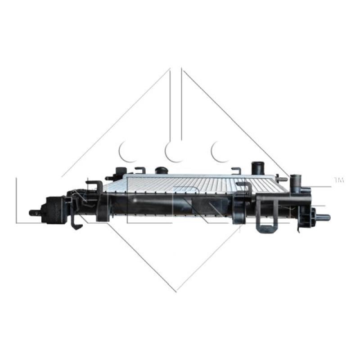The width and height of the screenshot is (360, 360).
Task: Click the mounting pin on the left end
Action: pyautogui.click(x=32, y=212)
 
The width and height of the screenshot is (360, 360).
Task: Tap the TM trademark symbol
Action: pyautogui.click(x=338, y=180)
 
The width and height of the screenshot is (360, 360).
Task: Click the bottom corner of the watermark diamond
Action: pyautogui.click(x=176, y=291)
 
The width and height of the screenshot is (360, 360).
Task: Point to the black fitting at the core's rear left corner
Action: pyautogui.click(x=120, y=172)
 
